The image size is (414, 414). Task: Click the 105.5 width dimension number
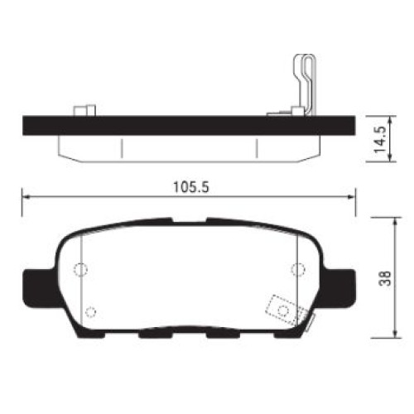pos(191,187)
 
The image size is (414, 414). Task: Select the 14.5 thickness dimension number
pos(380,139)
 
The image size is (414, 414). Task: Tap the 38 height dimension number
pos(385,278)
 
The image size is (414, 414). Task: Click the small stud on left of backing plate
pos(84,110)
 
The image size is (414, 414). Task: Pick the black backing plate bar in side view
pos(189,126)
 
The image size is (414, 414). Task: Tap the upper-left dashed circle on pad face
pos(80,269)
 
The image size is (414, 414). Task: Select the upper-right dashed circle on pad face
pos(298,269)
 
